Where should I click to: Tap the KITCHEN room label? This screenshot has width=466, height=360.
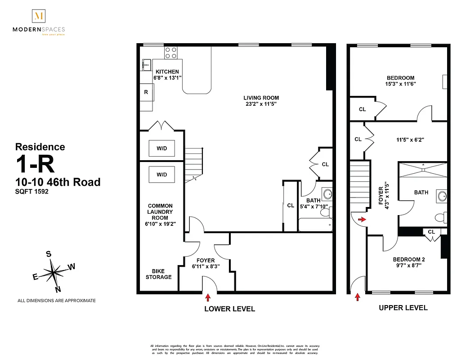[167, 72]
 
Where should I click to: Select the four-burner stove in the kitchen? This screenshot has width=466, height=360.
[170, 53]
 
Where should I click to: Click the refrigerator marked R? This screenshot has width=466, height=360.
[146, 92]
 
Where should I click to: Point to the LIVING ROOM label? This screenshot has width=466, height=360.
[261, 98]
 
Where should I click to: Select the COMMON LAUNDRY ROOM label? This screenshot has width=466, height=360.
[160, 212]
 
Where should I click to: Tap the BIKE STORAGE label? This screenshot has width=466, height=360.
[158, 274]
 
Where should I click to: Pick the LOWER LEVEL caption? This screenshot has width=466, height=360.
[229, 309]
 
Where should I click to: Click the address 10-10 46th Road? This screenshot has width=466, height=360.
[58, 182]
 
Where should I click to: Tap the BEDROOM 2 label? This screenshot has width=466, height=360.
[408, 259]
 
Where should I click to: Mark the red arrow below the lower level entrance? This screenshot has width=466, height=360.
[208, 297]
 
